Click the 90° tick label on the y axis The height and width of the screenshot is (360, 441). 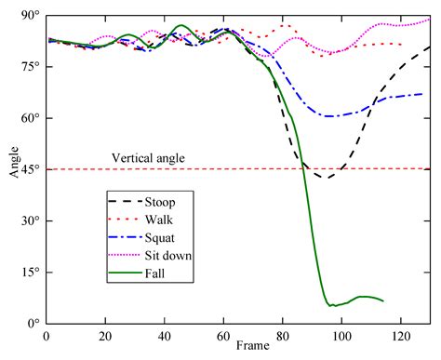tap(31, 16)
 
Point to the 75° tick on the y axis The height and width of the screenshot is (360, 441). tap(31, 67)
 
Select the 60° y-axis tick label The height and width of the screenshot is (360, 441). tap(31, 118)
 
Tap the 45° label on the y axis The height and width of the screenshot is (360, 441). tap(31, 169)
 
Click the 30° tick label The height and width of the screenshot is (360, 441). tap(31, 221)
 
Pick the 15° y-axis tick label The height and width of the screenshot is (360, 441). tap(31, 273)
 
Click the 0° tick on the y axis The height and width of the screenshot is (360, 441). tap(33, 324)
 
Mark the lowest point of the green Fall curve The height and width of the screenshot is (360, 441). tap(330, 305)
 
